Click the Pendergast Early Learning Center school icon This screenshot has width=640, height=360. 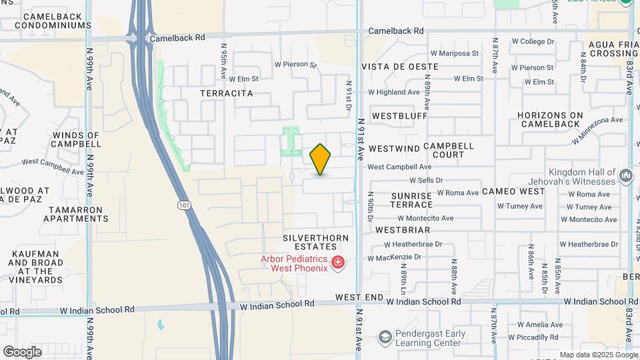point(384,337)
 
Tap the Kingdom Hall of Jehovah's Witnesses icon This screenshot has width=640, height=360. point(625,176)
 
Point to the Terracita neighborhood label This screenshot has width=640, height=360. point(227,94)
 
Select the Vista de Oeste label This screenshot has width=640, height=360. point(400,67)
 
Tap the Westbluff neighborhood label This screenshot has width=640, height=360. point(399,115)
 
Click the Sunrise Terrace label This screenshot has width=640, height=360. point(412,200)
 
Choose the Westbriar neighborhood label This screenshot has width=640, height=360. point(401,229)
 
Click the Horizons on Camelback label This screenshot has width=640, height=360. point(551,119)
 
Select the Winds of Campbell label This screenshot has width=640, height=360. point(75,139)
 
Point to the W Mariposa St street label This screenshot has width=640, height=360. point(455,53)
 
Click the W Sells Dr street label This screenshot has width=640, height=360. point(426,180)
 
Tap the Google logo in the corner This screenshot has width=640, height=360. point(22,352)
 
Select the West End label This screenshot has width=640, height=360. point(359,297)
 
